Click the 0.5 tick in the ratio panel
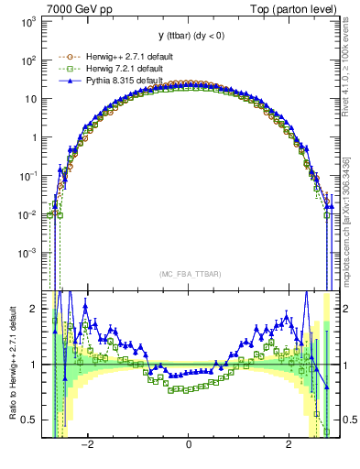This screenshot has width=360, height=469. coord(29,420)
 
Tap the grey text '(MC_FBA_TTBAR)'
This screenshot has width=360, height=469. coord(188,273)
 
